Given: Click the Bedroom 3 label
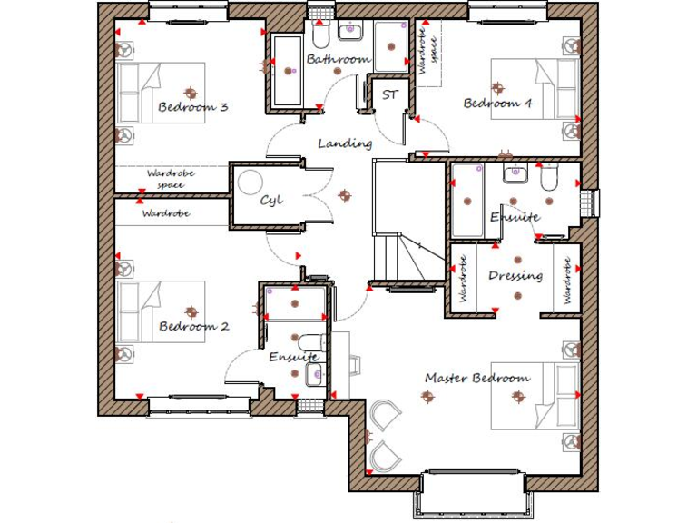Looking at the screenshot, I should pyautogui.click(x=192, y=107).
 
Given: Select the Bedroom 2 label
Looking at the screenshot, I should pyautogui.click(x=193, y=326).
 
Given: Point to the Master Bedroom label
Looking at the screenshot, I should pyautogui.click(x=476, y=378).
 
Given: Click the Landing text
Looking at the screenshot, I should pyautogui.click(x=345, y=143).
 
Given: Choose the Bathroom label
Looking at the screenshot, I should pyautogui.click(x=338, y=60).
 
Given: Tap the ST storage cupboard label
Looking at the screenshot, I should pyautogui.click(x=390, y=94).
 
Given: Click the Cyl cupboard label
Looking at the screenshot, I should pyautogui.click(x=271, y=200).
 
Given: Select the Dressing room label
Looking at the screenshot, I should pyautogui.click(x=515, y=276).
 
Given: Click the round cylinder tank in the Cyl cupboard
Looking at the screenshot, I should pyautogui.click(x=250, y=183).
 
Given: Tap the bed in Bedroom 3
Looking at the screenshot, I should pyautogui.click(x=160, y=93).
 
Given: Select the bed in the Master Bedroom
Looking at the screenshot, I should pyautogui.click(x=535, y=397).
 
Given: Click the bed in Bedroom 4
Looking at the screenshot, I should pyautogui.click(x=535, y=89).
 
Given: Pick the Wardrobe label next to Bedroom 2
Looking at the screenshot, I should pyautogui.click(x=166, y=214).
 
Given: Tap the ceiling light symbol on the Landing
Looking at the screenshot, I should pyautogui.click(x=344, y=195).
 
